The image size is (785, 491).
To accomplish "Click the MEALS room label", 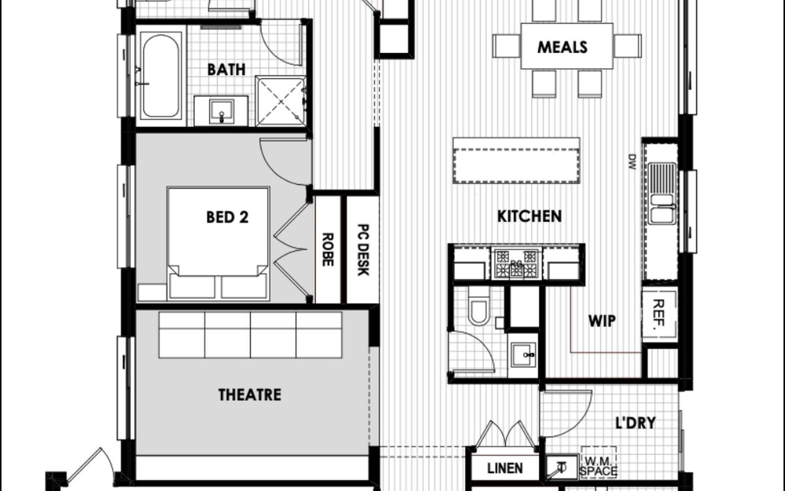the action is (562, 47).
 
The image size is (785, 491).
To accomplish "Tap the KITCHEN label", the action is (529, 217).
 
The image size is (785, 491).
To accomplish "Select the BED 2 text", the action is (228, 217).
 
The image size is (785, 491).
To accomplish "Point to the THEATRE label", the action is (249, 395).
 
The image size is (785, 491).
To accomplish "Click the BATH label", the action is (226, 69).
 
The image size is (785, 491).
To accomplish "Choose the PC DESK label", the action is (364, 249).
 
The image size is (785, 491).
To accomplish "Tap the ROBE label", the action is (328, 249).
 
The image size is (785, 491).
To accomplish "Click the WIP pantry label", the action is (602, 321).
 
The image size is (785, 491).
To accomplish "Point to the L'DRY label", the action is (635, 423).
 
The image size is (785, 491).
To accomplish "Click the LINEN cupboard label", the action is (505, 468).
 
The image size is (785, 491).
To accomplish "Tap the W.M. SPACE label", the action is (598, 466).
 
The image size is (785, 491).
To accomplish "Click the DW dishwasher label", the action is (632, 162).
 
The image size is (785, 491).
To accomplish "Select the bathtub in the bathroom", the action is (161, 75).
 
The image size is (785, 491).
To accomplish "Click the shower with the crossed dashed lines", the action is (281, 101).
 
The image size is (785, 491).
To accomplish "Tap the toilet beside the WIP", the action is (479, 306).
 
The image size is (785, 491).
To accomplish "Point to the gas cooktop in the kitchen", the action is (516, 264).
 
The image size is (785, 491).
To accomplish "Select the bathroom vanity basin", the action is (222, 111).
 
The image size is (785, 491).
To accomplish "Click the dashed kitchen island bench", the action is (516, 165).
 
